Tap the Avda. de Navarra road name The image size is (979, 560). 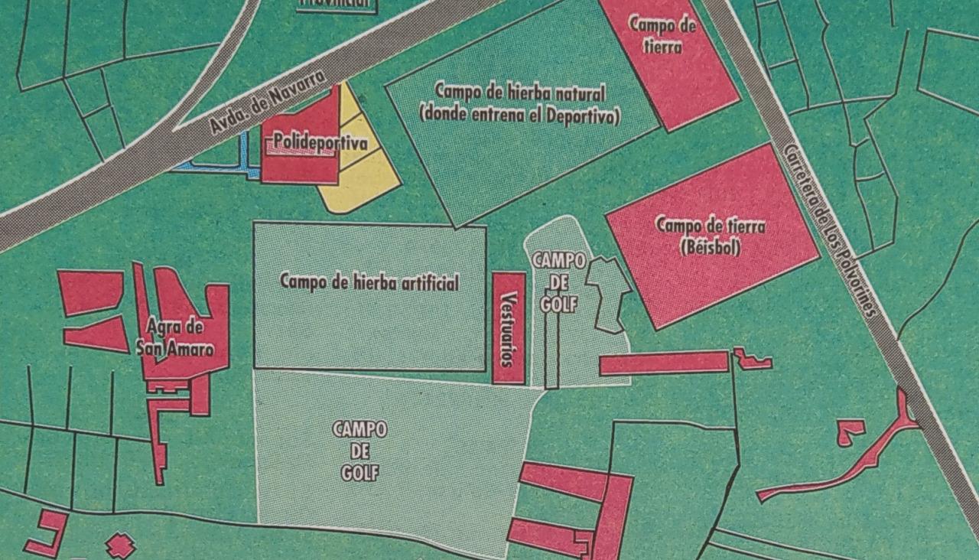tap(268, 103)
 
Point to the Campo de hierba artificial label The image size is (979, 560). tap(369, 282)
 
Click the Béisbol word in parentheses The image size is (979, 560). tap(710, 247)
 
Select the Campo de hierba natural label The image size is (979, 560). tap(520, 93)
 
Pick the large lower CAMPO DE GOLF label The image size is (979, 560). tap(359, 451)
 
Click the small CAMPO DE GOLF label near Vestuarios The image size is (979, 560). tap(559, 282)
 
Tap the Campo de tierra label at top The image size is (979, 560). tap(662, 34)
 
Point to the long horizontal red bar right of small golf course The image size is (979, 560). tap(663, 363)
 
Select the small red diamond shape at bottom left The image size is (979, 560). tap(120, 545)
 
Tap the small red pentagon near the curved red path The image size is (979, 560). tap(848, 430)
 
